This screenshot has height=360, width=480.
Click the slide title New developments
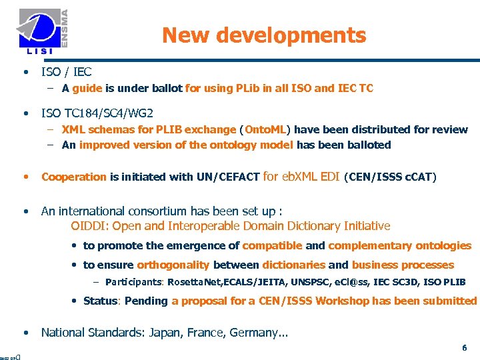tap(264, 35)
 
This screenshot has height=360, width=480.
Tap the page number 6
tap(465, 348)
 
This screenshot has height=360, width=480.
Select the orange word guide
tap(87, 88)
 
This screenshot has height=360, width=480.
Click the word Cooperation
tap(74, 177)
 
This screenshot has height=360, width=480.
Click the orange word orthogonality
tap(173, 265)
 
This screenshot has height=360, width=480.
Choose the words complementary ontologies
tap(399, 245)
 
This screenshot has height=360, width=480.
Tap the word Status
tap(101, 301)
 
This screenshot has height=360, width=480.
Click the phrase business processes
tap(403, 265)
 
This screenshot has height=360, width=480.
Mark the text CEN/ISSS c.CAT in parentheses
tap(390, 177)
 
